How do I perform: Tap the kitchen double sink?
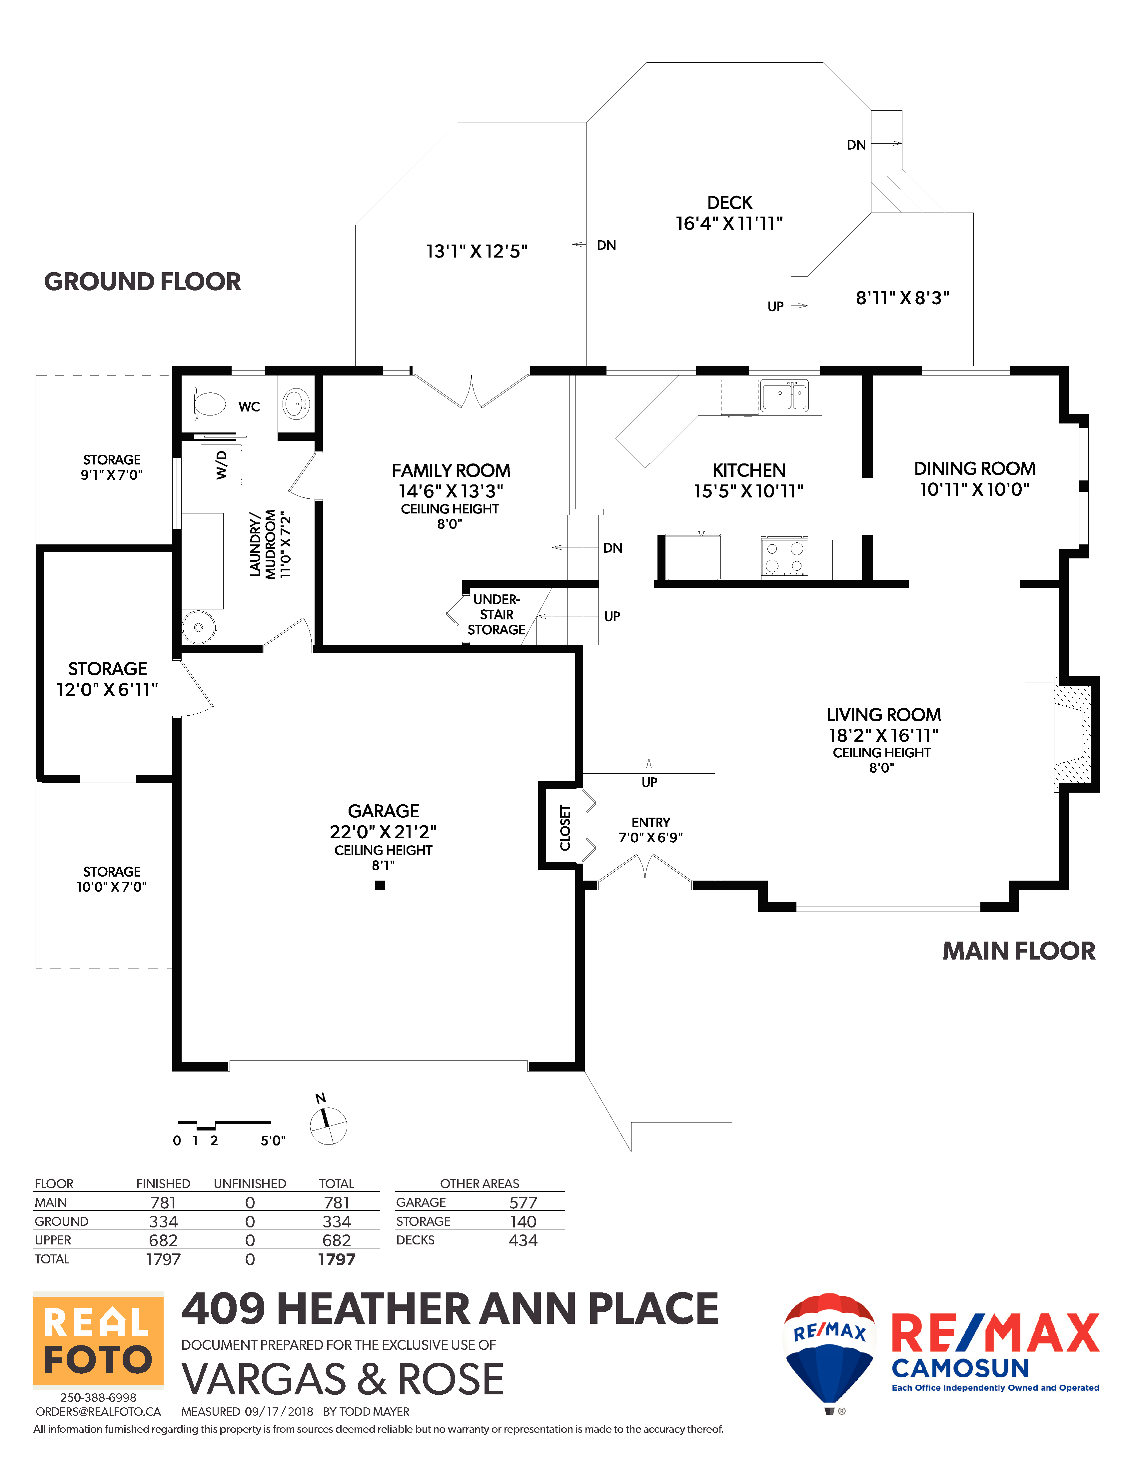click(x=784, y=395)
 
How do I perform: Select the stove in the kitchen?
click(x=784, y=557)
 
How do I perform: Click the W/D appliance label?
click(x=222, y=464)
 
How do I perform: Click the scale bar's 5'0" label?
click(x=273, y=1140)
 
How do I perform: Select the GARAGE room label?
click(x=383, y=811)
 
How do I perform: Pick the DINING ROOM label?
click(x=975, y=468)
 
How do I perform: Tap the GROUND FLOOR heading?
click(x=142, y=281)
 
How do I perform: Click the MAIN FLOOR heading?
click(x=1019, y=951)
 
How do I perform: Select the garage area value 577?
click(x=523, y=1202)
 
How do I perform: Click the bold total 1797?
click(x=336, y=1259)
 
